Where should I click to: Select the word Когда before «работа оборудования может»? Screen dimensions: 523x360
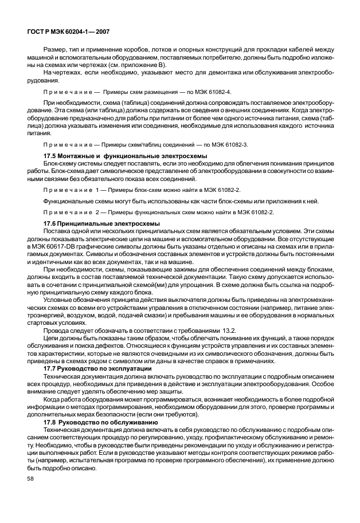[x=53, y=397]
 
